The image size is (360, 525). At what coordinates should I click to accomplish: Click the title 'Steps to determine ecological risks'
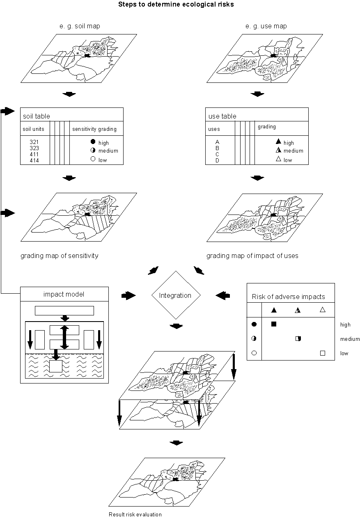(x=176, y=5)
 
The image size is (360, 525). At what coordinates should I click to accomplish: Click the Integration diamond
(x=175, y=295)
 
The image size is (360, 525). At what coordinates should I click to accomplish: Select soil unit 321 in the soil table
(x=34, y=142)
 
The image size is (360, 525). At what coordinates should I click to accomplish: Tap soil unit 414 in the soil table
(x=34, y=160)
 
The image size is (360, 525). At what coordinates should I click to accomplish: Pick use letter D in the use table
(x=217, y=160)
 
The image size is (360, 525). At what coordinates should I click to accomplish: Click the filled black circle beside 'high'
(x=93, y=142)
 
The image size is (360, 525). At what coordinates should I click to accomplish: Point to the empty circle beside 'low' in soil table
(x=93, y=160)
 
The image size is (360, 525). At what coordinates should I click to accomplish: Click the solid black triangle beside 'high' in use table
(x=279, y=142)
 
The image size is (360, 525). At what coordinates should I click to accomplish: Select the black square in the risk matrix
(x=274, y=324)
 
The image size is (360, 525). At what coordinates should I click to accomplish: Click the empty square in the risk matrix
(x=323, y=353)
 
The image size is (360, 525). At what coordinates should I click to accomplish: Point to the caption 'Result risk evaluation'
(x=135, y=514)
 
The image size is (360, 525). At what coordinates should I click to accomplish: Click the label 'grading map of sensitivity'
(x=60, y=256)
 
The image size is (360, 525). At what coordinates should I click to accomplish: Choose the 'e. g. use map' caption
(x=266, y=26)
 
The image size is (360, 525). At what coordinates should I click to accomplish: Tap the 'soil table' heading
(x=37, y=116)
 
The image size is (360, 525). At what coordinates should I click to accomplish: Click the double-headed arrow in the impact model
(x=64, y=337)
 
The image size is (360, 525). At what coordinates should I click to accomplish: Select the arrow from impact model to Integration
(x=128, y=295)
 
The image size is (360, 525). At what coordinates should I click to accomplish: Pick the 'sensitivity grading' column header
(x=94, y=129)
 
